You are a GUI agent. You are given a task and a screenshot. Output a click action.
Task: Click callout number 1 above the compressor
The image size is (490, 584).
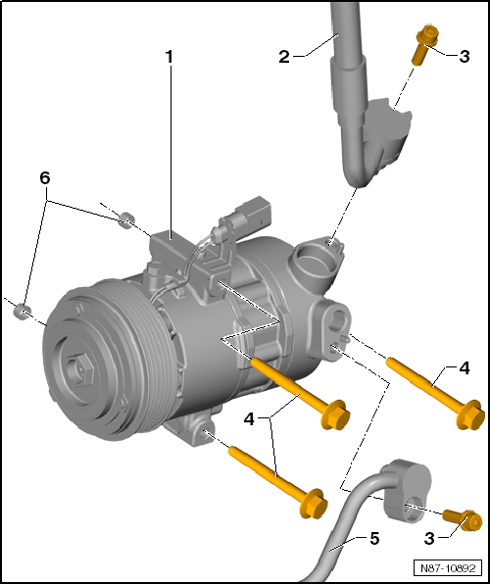pos(169,58)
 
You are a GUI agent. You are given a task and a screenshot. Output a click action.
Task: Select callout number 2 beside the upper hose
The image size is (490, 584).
pos(284,57)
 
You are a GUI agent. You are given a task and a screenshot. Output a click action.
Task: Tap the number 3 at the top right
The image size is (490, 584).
pos(464,57)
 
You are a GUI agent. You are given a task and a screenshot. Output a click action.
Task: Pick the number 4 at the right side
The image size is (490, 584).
pos(465,368)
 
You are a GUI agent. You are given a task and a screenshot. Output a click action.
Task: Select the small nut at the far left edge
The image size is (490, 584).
pos(24,313)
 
